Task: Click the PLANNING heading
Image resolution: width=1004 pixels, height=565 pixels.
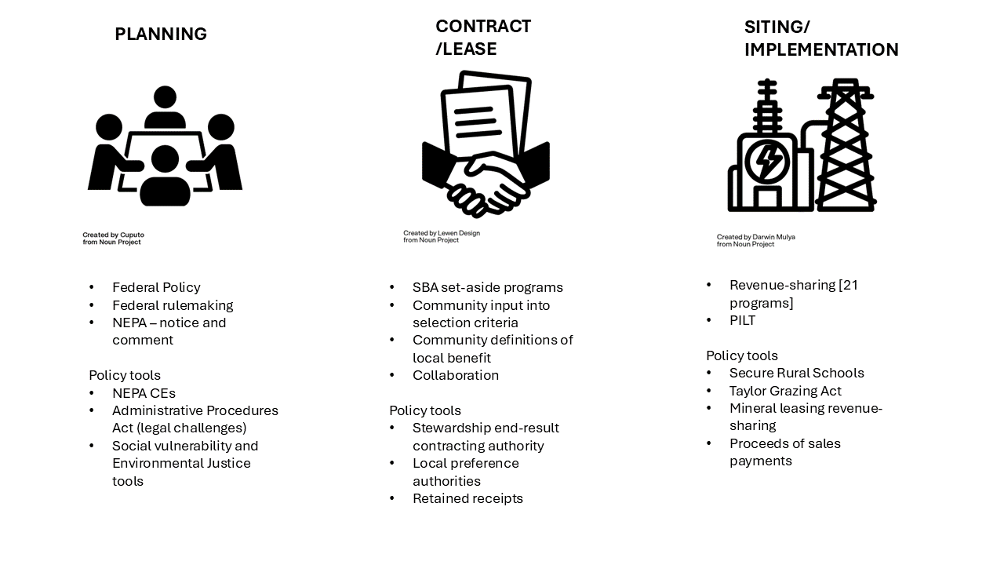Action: pyautogui.click(x=161, y=35)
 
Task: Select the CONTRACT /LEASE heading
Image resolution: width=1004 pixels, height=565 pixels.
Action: pyautogui.click(x=483, y=38)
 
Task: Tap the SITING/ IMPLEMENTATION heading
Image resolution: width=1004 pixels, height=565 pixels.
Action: pyautogui.click(x=820, y=38)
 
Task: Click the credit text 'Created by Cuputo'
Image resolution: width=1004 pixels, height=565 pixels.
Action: pyautogui.click(x=114, y=235)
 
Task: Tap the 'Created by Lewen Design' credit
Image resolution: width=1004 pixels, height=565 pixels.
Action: pyautogui.click(x=442, y=233)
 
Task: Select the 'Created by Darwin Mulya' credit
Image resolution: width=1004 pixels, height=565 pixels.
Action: pyautogui.click(x=755, y=237)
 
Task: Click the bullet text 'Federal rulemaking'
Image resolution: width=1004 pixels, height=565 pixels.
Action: pyautogui.click(x=173, y=305)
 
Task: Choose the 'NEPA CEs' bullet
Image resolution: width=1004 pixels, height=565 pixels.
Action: pyautogui.click(x=144, y=393)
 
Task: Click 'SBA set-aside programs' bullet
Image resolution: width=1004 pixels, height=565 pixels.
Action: pyautogui.click(x=487, y=287)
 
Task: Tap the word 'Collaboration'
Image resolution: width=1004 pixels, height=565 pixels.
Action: pyautogui.click(x=456, y=375)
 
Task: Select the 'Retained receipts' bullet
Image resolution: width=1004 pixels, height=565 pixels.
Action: pyautogui.click(x=467, y=498)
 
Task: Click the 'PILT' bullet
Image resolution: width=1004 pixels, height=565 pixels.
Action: pyautogui.click(x=742, y=320)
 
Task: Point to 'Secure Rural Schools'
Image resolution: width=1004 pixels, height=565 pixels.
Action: pyautogui.click(x=796, y=373)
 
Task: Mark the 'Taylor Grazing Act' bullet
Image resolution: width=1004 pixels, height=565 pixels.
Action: pyautogui.click(x=785, y=391)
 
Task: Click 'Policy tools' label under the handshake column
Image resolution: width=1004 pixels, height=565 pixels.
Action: pyautogui.click(x=425, y=410)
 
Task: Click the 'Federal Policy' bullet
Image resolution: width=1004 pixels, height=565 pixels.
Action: pyautogui.click(x=156, y=287)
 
